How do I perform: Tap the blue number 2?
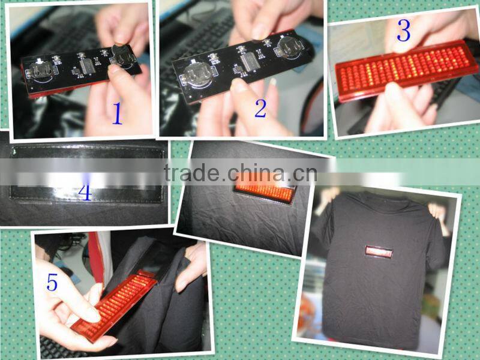coord(260,108)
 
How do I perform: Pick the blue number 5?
coord(52,282)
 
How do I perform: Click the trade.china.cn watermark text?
coord(240,173)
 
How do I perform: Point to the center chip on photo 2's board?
coord(247,60)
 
